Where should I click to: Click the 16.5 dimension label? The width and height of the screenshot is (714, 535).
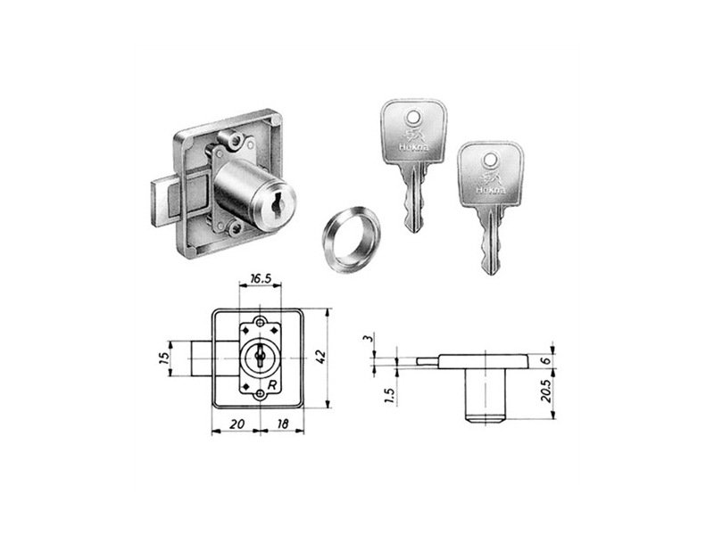click(261, 278)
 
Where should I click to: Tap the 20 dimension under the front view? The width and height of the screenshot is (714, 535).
click(236, 424)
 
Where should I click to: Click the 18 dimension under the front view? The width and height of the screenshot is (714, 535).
click(282, 424)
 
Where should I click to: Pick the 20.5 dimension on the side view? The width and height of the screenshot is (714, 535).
click(545, 391)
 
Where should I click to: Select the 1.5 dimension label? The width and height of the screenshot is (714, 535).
click(389, 395)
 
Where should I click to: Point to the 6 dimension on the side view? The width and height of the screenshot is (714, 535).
click(546, 359)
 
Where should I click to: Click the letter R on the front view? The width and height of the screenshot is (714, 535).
click(272, 385)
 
